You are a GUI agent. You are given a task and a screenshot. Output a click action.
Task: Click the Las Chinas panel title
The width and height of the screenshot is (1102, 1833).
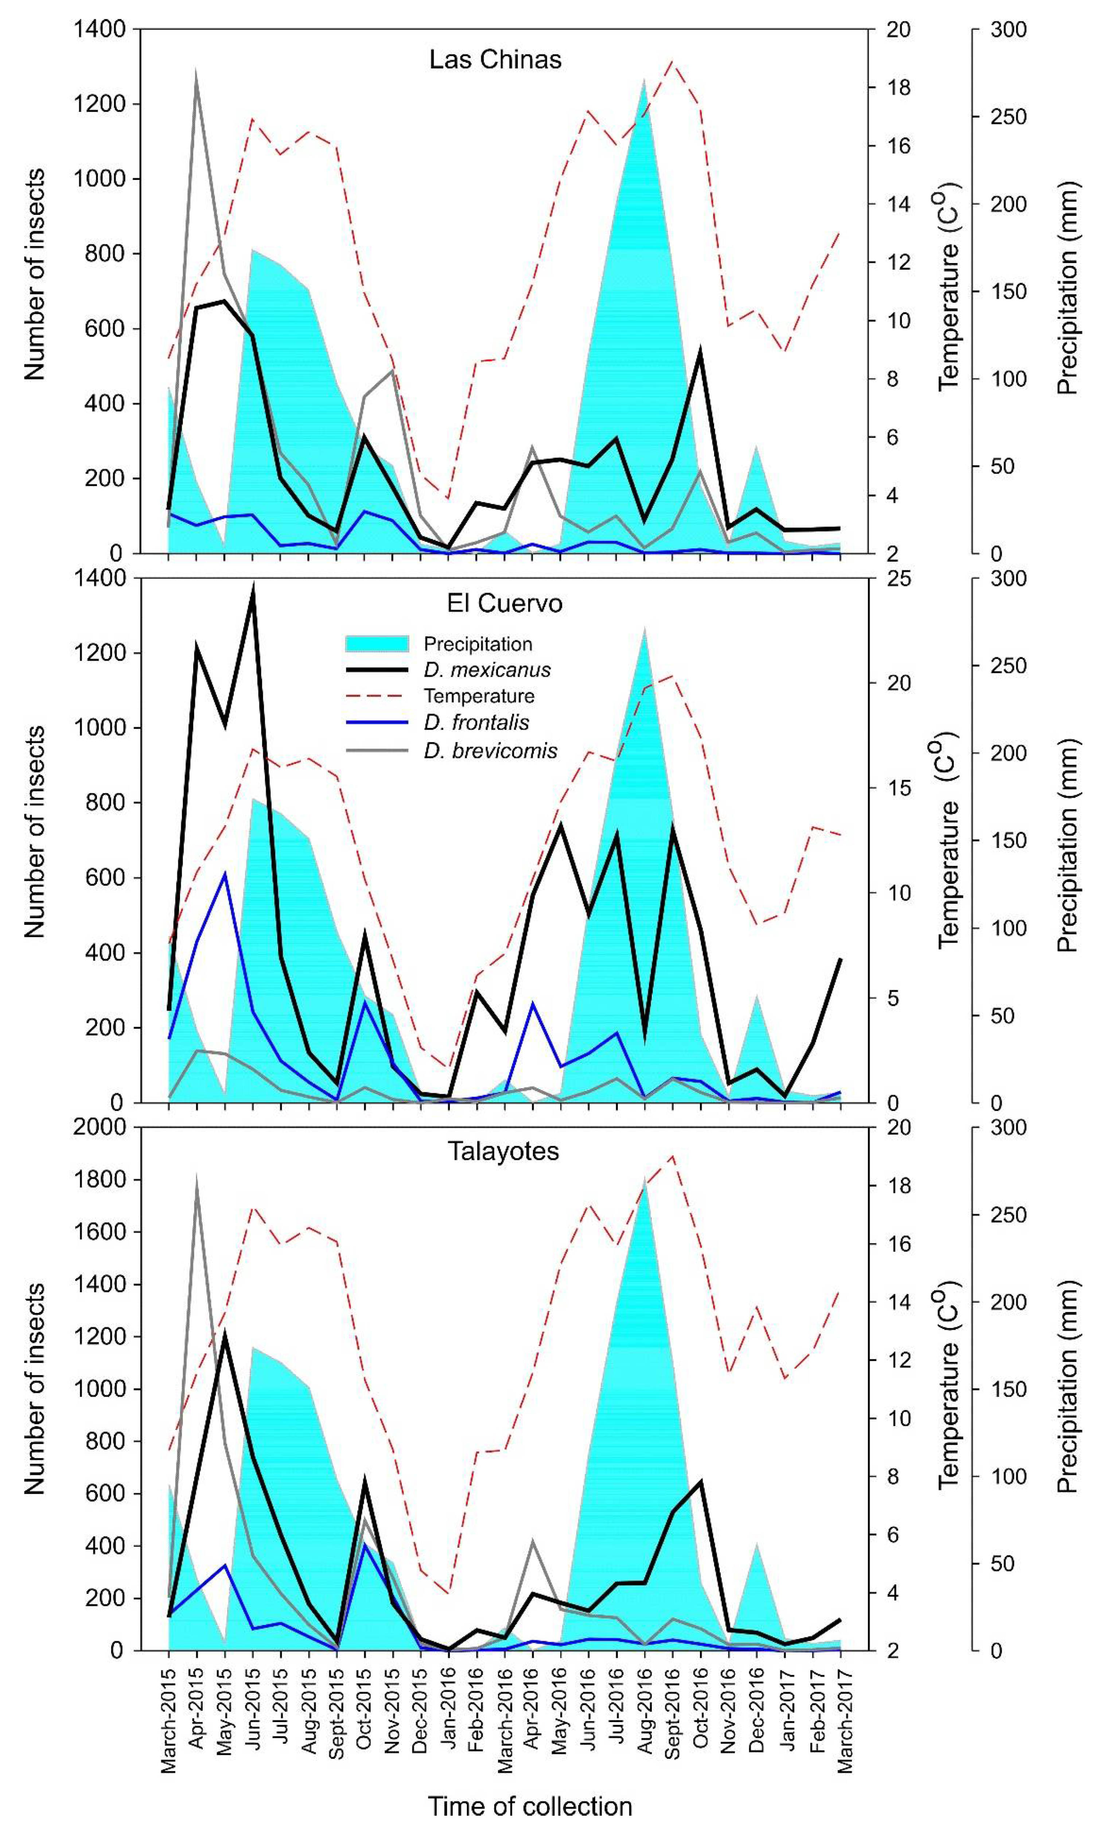[x=495, y=59]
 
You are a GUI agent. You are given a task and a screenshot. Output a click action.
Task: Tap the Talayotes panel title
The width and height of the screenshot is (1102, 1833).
[x=503, y=1151]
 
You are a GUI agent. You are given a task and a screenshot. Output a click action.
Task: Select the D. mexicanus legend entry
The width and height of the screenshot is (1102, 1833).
[x=487, y=670]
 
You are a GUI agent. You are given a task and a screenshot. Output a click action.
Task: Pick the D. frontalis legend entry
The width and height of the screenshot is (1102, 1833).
[x=476, y=722]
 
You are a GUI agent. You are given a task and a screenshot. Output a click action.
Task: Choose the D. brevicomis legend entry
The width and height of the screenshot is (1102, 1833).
[x=490, y=751]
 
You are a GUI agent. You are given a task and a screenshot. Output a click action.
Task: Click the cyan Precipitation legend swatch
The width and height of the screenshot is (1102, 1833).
[x=377, y=644]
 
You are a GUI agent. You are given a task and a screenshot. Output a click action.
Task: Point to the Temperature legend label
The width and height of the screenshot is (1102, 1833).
[x=479, y=696]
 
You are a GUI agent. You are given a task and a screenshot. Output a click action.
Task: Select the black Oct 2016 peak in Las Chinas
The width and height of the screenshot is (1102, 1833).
[x=700, y=351]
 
